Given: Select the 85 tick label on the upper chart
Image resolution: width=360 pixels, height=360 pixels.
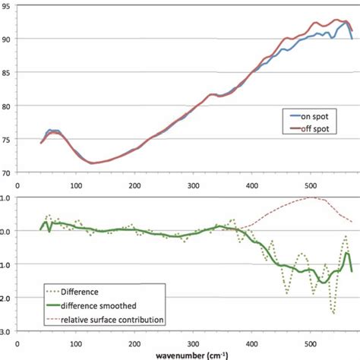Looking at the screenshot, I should pos(7,74).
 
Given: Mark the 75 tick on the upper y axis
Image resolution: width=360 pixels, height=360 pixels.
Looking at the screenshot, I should pos(7,140).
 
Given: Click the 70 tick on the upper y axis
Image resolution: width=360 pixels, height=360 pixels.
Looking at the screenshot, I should pos(7,172).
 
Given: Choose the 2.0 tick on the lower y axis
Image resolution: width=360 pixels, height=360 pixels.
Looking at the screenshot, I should pos(5,298).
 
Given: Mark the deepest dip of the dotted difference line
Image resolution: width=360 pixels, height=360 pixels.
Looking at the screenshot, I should pos(333,312).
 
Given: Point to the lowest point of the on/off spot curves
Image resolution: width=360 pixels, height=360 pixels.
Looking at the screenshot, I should pos(93,163).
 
